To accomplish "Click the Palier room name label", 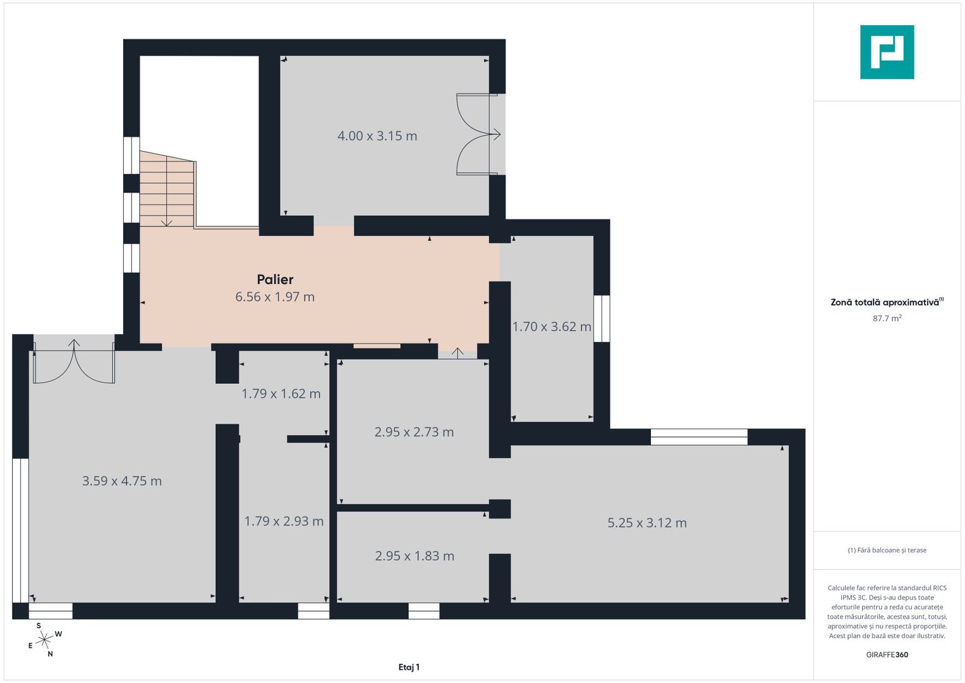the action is [275, 280].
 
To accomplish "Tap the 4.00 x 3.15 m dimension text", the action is [377, 136].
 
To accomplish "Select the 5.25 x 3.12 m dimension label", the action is [646, 522].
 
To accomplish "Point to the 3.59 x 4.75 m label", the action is [122, 481].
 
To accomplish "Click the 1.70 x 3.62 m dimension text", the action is [552, 326].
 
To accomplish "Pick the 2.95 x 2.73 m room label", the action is [414, 431].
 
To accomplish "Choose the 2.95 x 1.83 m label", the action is [415, 556].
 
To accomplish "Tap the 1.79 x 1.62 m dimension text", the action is [281, 393].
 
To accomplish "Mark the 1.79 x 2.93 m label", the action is [284, 521].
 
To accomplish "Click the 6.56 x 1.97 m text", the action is [275, 297].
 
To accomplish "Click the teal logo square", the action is [887, 52].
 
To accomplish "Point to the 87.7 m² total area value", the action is [887, 318].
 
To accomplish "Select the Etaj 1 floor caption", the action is [409, 667].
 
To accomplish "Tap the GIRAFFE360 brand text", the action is [887, 655].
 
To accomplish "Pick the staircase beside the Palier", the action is [167, 189].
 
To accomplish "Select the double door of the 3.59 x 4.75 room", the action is [74, 362].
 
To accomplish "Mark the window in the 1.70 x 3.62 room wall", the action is [602, 319].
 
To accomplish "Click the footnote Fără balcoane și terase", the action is [887, 550].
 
